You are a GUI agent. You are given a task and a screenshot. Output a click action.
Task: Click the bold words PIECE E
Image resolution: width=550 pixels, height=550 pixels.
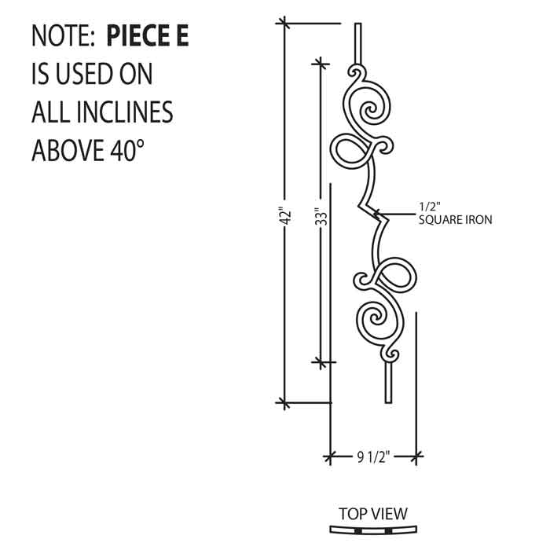point(148,35)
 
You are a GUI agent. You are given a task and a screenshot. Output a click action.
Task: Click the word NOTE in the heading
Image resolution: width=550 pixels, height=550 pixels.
point(61,35)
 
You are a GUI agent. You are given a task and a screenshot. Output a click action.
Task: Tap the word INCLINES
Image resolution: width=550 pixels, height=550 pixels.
point(124,112)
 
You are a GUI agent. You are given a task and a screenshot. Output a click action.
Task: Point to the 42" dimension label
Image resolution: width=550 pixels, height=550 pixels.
point(287,217)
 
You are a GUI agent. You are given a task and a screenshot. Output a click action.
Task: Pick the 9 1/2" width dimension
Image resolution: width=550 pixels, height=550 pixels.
point(373,456)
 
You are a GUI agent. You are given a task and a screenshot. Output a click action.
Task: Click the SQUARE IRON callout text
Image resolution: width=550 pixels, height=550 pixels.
point(455,220)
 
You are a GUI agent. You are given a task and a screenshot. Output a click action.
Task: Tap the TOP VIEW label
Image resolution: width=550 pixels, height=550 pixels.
point(373,514)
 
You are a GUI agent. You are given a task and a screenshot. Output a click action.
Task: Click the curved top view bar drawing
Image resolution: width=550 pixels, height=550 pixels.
point(373,530)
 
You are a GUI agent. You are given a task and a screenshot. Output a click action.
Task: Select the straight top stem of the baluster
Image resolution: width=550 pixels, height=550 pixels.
point(357,43)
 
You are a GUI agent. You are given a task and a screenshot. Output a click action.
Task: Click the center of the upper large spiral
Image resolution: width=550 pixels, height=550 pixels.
point(370,112)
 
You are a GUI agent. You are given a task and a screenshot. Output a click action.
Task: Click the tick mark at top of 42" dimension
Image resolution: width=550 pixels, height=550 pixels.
point(284,23)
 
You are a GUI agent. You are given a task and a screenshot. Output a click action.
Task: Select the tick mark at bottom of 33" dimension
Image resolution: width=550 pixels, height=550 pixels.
point(321,362)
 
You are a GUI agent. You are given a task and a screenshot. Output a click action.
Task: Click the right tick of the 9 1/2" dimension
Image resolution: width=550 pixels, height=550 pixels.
point(416,456)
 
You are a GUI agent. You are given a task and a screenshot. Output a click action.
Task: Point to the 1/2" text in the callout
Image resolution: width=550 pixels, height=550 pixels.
point(430,207)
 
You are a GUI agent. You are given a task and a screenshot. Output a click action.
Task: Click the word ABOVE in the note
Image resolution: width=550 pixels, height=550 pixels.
point(68,150)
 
